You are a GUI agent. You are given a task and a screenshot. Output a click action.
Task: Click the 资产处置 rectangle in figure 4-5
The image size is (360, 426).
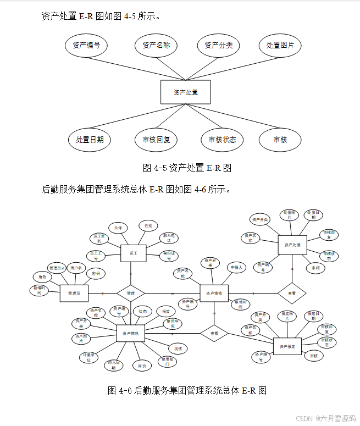[x=186, y=92]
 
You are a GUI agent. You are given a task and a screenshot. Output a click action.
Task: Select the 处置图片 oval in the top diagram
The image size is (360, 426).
[x=280, y=45]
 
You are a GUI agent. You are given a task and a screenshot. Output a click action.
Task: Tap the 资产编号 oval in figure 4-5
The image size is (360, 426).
[x=86, y=45]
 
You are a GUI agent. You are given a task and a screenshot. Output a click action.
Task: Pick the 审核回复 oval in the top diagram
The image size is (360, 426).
[x=157, y=140]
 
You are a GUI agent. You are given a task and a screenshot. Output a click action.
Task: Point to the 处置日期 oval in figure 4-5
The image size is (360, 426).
[x=90, y=140]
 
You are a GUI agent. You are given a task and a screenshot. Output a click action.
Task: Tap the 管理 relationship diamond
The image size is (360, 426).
[x=131, y=294]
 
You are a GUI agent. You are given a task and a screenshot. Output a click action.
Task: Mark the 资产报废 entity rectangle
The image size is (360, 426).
[x=287, y=346]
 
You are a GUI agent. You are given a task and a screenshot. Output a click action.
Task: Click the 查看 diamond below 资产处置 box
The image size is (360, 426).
[x=292, y=294]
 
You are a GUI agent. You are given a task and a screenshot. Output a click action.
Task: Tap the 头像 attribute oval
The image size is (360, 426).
[x=118, y=227]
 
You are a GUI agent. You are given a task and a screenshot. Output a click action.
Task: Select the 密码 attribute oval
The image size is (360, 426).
[x=96, y=273]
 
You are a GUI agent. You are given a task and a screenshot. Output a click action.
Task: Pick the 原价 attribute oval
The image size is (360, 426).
[x=142, y=365]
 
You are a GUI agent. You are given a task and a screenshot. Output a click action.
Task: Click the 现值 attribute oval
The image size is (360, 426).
[x=178, y=348]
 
